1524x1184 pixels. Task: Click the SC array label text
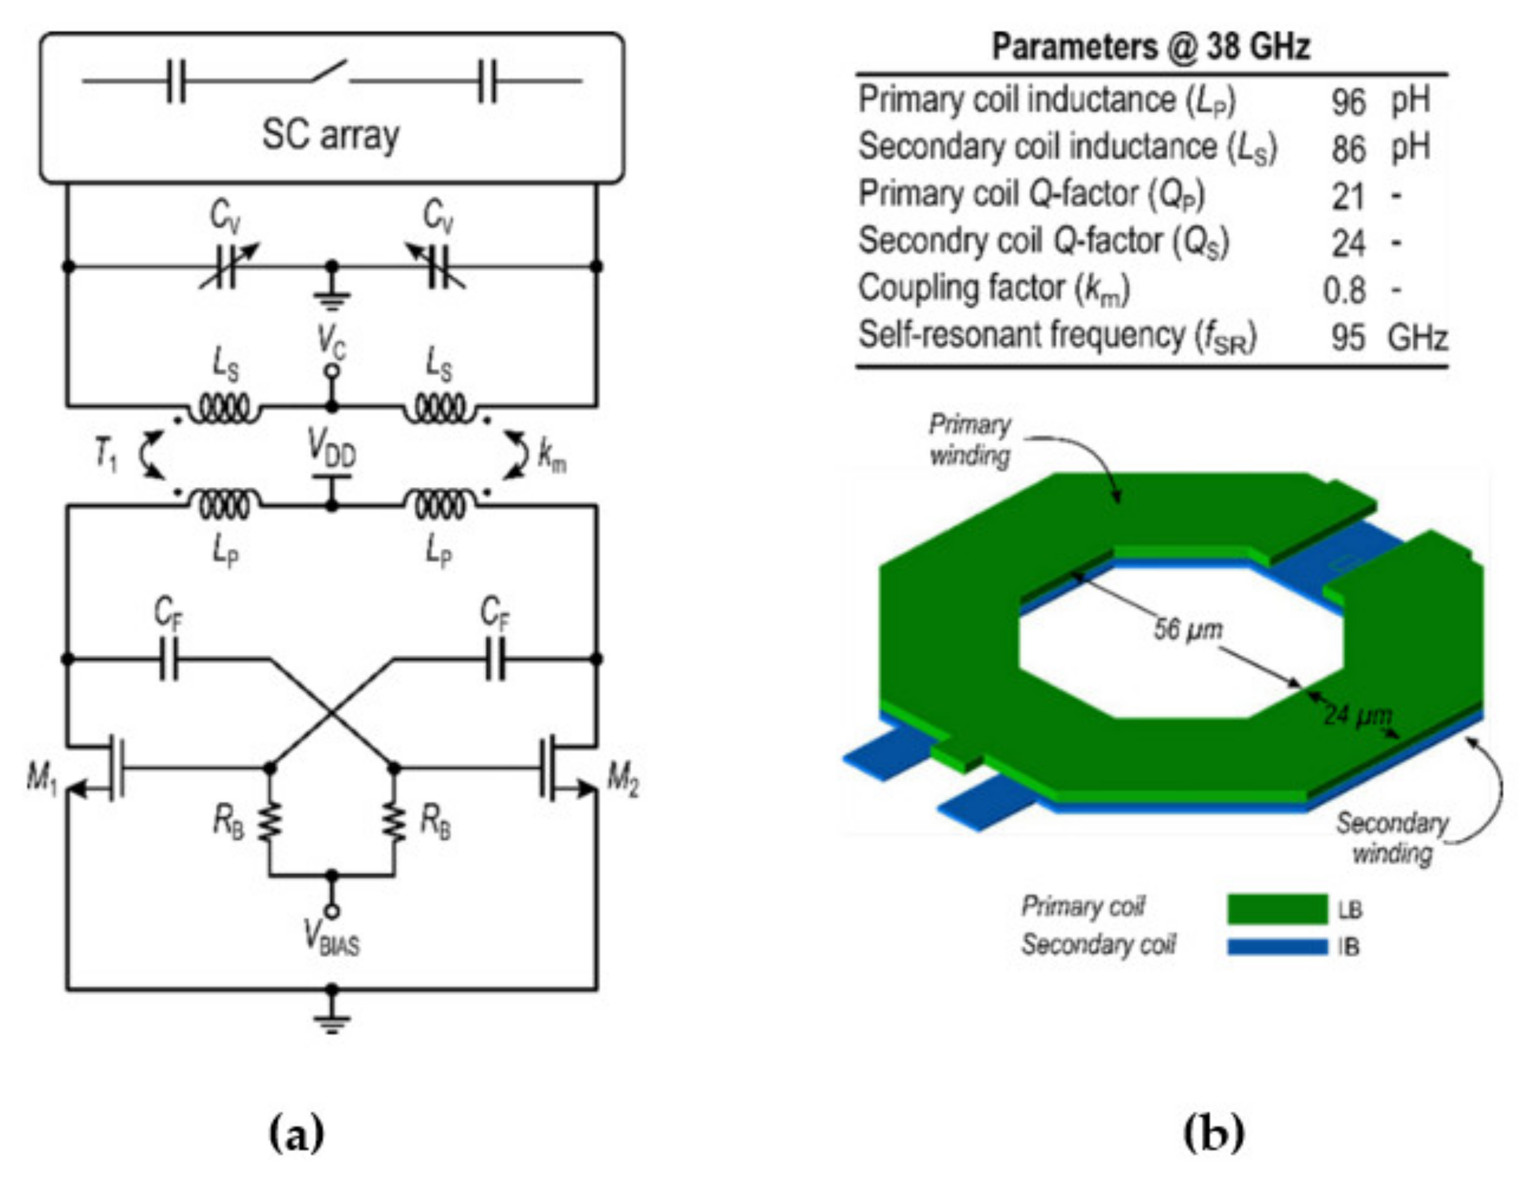330,134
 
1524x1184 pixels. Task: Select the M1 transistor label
42,778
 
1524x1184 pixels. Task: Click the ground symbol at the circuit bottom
331,1020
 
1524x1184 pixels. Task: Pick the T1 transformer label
105,456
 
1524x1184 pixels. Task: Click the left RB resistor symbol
270,821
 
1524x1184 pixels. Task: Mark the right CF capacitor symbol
495,659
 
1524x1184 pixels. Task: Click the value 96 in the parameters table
1347,103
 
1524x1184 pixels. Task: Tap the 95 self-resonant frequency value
1347,337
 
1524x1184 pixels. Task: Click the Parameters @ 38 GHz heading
1151,48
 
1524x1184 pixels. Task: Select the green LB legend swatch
1277,909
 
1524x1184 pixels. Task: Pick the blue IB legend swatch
1277,947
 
